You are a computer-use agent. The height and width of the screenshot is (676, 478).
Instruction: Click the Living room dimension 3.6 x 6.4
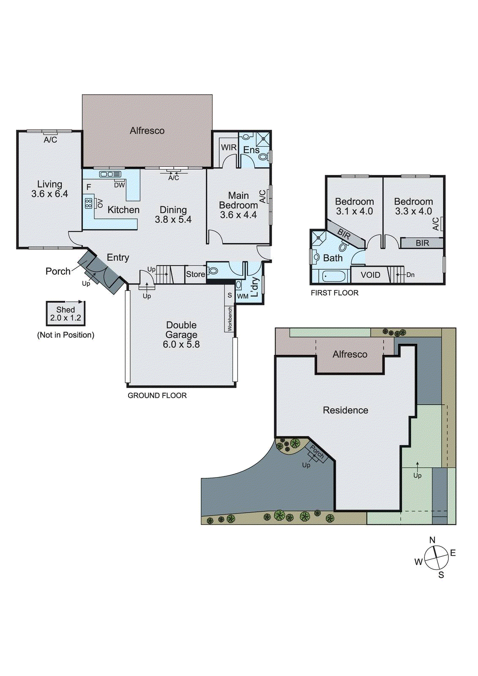pos(49,194)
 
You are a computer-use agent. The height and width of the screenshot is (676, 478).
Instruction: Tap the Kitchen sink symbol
pos(110,174)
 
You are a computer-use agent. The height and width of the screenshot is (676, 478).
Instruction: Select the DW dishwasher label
pos(120,185)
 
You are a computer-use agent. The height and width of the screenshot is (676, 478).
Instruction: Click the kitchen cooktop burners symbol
pos(88,203)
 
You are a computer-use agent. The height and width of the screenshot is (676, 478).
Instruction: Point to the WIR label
pos(229,147)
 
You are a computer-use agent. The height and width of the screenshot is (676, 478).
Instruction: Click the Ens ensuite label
pos(251,150)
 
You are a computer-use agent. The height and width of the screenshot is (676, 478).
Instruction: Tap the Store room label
pos(195,274)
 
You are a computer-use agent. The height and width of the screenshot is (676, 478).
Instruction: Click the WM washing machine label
pos(243,296)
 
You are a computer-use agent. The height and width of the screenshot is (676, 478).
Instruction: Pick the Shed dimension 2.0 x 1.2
pos(66,318)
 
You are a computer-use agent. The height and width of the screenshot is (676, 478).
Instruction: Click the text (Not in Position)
pos(66,335)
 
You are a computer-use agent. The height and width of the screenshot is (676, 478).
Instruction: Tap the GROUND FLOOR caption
pos(157,395)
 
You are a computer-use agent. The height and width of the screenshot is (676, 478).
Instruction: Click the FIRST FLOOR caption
pos(334,293)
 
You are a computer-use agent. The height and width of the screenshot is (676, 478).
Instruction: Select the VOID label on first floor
pos(370,275)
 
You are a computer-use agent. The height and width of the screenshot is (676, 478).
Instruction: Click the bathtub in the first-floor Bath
pos(334,277)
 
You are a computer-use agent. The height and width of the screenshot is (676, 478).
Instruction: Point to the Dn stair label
pos(410,275)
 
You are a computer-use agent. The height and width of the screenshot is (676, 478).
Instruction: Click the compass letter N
pos(432,540)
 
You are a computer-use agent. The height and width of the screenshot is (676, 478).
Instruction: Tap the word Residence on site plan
pos(345,410)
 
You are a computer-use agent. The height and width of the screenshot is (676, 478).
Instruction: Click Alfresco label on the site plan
pos(350,354)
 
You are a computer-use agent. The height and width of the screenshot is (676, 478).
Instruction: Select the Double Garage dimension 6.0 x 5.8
pos(181,344)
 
